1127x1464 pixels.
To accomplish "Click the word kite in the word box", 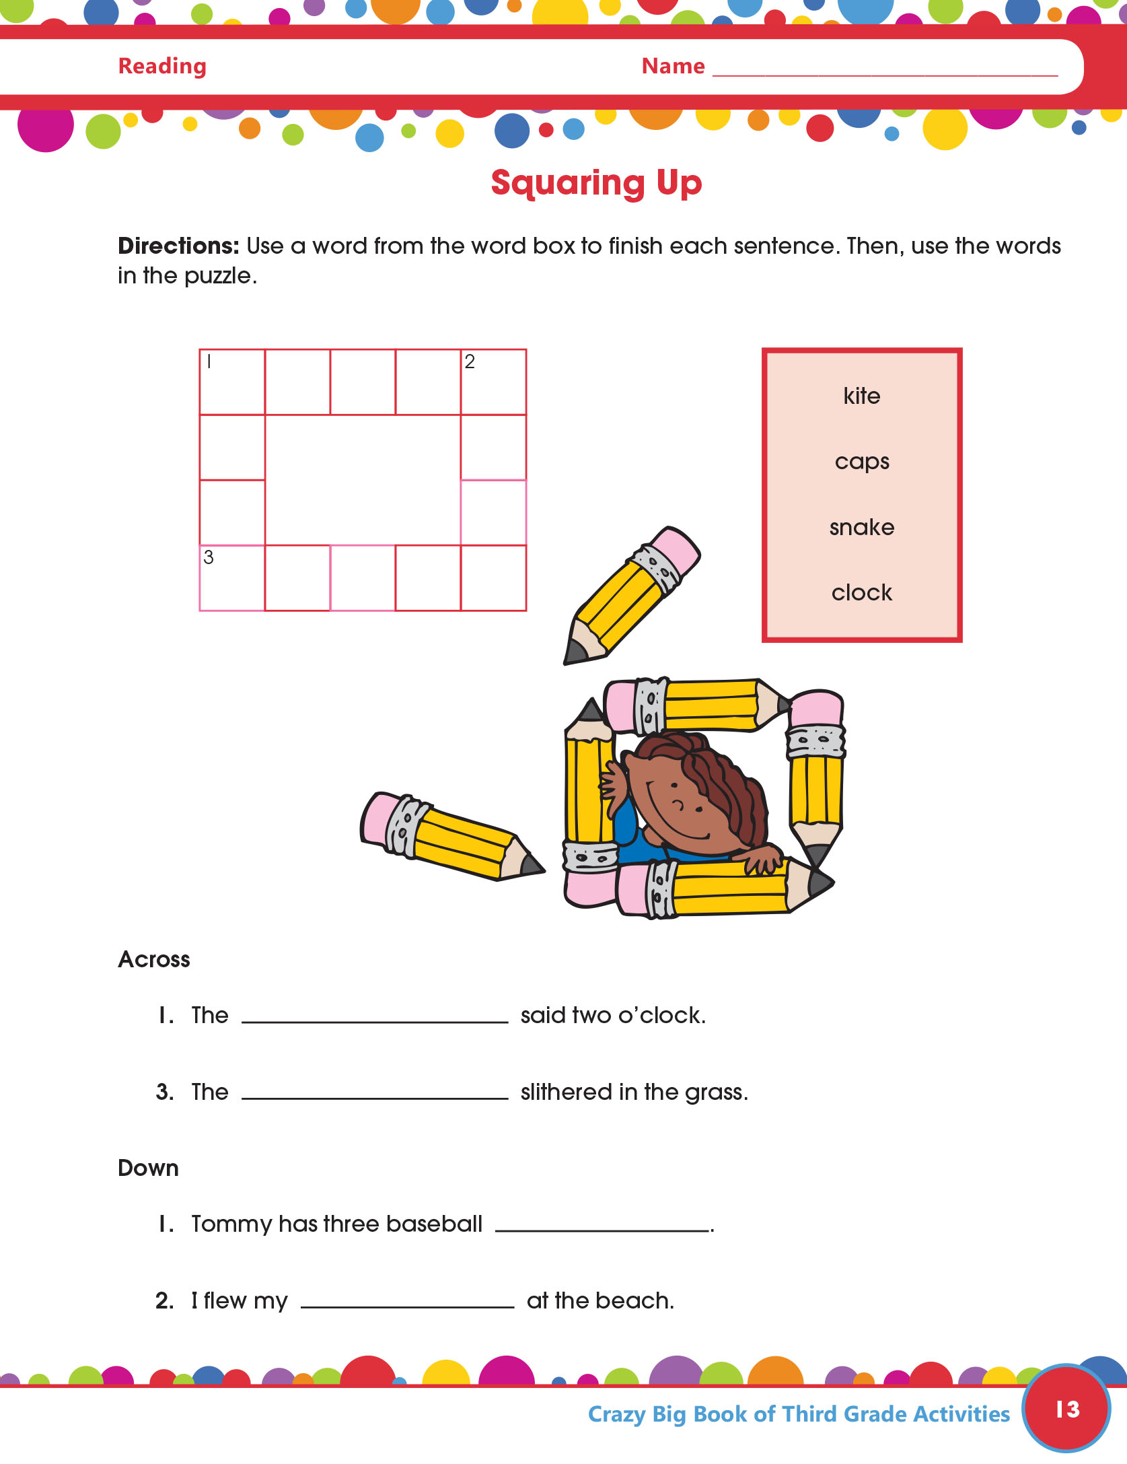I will click(x=861, y=396).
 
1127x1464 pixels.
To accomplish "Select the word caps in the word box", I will click(x=862, y=462).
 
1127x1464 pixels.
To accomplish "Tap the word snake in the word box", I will click(x=862, y=527).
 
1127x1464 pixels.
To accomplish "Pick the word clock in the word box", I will click(x=862, y=593).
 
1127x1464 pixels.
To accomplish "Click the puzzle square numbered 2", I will click(x=493, y=382).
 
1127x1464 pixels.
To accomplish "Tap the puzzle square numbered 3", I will click(x=232, y=578).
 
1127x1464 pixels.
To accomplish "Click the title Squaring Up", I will click(x=596, y=183).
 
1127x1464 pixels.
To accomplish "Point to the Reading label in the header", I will click(x=162, y=67).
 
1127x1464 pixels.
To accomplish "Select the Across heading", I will click(x=154, y=959).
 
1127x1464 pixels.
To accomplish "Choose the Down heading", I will click(x=148, y=1168).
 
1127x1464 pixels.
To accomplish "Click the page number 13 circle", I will click(x=1066, y=1409).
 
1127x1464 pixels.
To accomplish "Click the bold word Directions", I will click(x=178, y=246).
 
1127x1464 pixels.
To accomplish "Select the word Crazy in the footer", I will click(x=616, y=1415).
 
